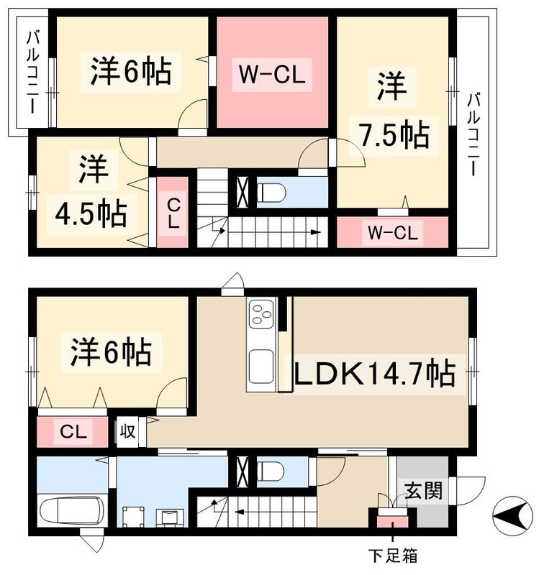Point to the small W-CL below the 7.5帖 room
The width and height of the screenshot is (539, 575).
392,232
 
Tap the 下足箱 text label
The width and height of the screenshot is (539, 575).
393,556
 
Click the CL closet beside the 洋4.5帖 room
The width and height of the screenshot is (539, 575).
173,213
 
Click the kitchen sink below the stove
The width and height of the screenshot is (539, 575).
259,367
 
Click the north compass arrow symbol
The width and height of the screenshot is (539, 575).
513,515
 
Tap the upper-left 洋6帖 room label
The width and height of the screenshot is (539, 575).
131,72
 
